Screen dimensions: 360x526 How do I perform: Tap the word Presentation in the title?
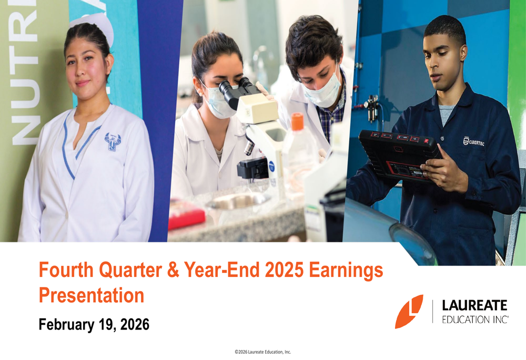pos(91,295)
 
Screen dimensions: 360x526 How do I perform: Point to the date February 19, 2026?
pos(94,325)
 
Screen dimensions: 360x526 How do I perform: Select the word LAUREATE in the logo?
pos(474,305)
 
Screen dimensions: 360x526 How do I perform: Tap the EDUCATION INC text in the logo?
pos(475,319)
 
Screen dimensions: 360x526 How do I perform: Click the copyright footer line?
pos(262,352)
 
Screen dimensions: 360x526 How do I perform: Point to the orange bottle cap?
pos(298,122)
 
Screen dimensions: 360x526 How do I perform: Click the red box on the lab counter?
pos(186,215)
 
